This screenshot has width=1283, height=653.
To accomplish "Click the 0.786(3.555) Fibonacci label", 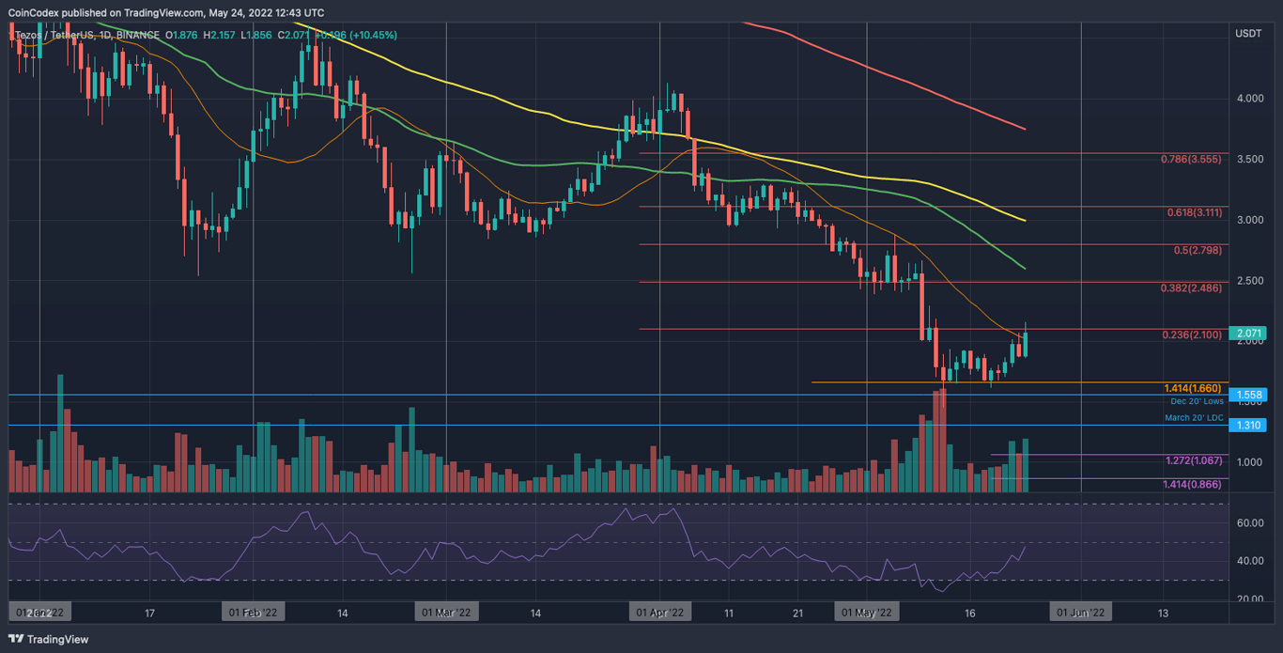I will [1191, 160].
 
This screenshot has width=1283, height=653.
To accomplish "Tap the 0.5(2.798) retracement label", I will [1198, 251].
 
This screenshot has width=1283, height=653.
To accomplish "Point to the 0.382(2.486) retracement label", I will [1191, 288].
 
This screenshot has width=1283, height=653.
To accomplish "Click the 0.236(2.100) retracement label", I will [1191, 335].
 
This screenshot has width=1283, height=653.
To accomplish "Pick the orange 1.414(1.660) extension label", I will [1193, 388].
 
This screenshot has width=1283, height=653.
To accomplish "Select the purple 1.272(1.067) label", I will [1193, 460].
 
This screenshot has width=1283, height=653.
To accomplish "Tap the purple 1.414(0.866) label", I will [1193, 484].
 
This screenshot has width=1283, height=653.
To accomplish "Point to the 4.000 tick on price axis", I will [1248, 99].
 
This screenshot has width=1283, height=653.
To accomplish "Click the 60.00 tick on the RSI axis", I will [1248, 523].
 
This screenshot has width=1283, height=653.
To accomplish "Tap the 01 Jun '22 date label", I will [1082, 613].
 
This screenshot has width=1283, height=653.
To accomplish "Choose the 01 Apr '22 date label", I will [664, 613].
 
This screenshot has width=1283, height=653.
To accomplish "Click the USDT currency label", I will [1248, 34].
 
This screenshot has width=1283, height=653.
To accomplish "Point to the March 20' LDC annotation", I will [1194, 417].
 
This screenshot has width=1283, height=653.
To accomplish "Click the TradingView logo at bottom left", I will [48, 639].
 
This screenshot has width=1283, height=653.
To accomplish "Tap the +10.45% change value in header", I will [370, 36].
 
